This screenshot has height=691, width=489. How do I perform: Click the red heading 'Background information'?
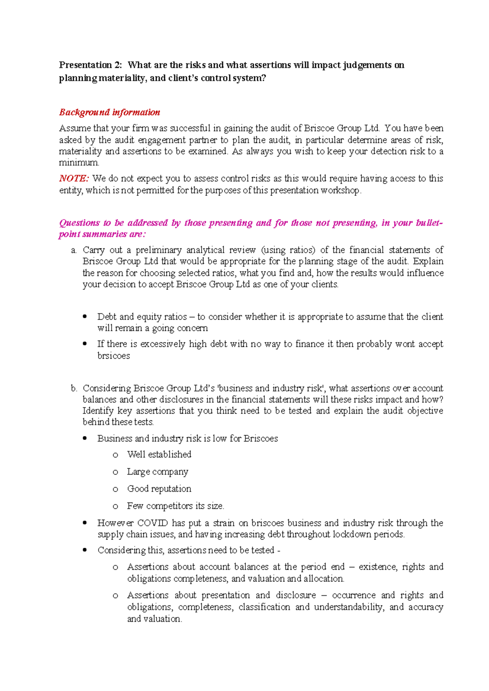109,112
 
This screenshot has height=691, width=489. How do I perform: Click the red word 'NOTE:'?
74,178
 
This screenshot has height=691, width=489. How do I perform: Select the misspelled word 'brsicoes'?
114,356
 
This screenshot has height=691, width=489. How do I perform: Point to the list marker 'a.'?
74,250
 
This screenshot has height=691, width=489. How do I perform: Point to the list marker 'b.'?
74,388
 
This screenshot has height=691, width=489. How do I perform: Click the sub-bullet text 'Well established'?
159,455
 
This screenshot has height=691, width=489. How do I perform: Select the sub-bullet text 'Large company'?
157,472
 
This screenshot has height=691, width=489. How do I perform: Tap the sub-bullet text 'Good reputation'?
159,489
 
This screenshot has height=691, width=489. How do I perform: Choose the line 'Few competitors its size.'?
175,506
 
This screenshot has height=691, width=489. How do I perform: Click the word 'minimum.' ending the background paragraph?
79,163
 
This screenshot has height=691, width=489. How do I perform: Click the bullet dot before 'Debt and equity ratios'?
85,317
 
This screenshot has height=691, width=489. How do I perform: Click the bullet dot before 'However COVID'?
85,523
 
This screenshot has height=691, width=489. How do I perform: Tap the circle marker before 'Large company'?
115,472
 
